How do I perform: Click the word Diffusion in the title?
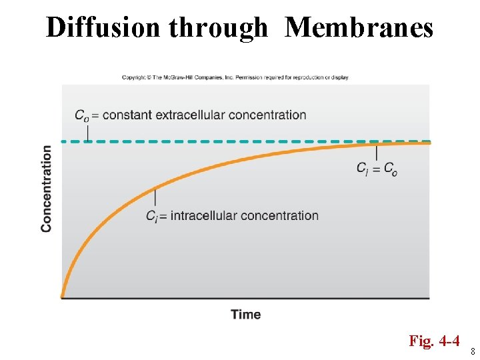(x=103, y=28)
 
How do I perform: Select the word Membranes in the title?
(x=359, y=28)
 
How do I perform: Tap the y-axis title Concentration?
(x=46, y=189)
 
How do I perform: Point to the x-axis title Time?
(x=246, y=314)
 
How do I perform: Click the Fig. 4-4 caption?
(x=434, y=341)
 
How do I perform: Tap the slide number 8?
(x=473, y=351)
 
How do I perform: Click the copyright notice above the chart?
(x=235, y=77)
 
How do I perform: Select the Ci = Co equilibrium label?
(x=377, y=169)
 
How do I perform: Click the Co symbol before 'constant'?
(x=81, y=115)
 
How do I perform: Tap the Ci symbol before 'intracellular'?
(x=153, y=216)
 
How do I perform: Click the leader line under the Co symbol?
(x=87, y=133)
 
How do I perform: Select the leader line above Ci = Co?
(x=377, y=153)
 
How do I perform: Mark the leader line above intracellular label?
(x=155, y=197)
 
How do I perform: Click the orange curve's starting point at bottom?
(x=63, y=295)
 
